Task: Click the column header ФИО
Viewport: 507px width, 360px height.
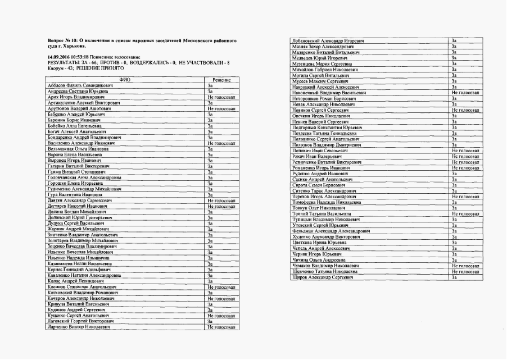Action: (125, 80)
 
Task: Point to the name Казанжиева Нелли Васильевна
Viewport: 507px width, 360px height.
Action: (75, 263)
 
